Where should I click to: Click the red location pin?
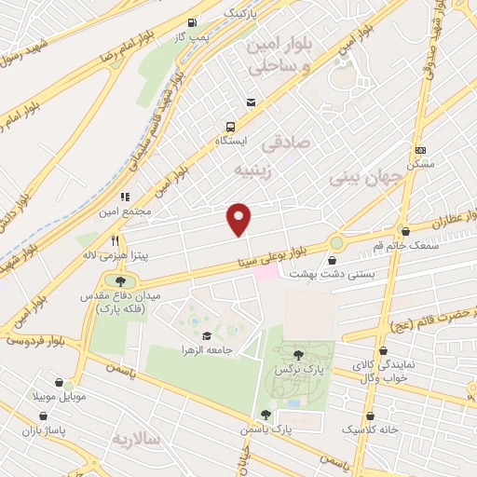[x=239, y=218]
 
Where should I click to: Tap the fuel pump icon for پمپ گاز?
[x=192, y=21]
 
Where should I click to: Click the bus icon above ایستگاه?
[x=230, y=127]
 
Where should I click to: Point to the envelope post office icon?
[x=250, y=102]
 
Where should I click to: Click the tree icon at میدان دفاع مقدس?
[x=120, y=280]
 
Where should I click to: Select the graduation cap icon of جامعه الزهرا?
[x=206, y=336]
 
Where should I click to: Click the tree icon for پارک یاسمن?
[x=266, y=415]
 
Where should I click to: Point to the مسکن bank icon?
[x=420, y=149]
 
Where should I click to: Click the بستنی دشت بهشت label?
[x=327, y=274]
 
